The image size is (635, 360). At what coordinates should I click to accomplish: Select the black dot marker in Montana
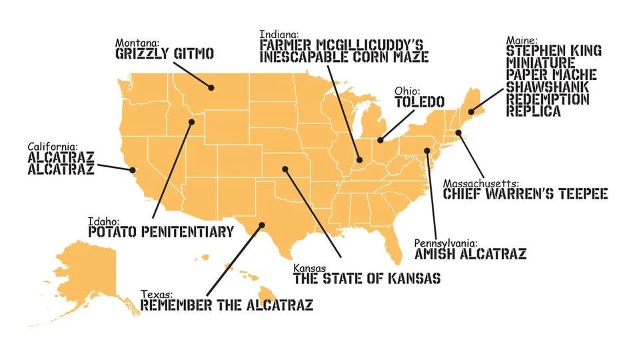click(x=211, y=87)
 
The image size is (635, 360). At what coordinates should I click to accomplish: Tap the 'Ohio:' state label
click(x=408, y=90)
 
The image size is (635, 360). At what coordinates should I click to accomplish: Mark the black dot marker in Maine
click(x=478, y=111)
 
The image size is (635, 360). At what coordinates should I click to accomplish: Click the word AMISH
click(x=437, y=254)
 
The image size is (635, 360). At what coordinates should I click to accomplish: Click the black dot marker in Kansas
click(x=285, y=169)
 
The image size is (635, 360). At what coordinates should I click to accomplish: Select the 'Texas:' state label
click(x=157, y=294)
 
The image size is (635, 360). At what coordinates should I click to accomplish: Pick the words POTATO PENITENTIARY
click(x=161, y=232)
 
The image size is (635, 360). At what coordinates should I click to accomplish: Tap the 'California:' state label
click(x=53, y=146)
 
